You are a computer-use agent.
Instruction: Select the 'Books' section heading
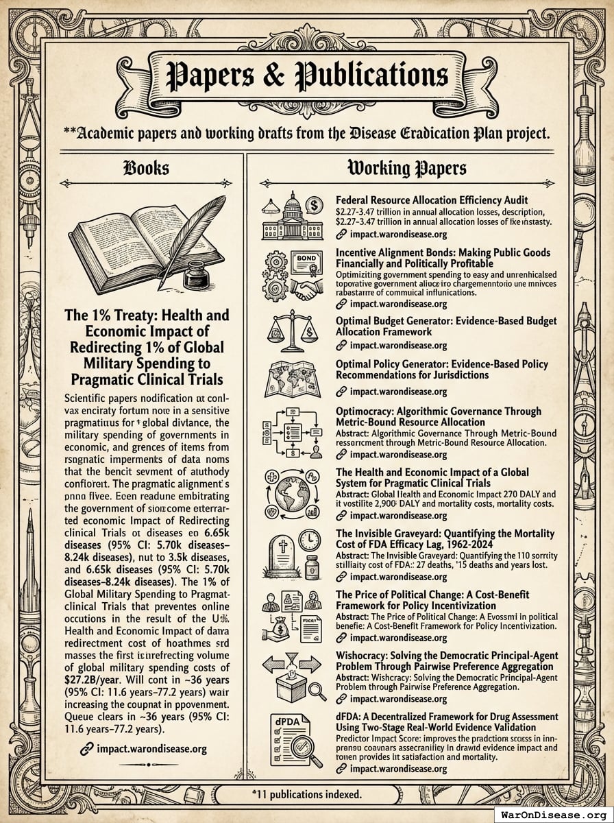tap(145, 168)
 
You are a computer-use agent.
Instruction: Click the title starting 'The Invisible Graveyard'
tap(445, 538)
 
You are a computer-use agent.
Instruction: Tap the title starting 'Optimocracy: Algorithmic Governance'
tap(439, 416)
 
